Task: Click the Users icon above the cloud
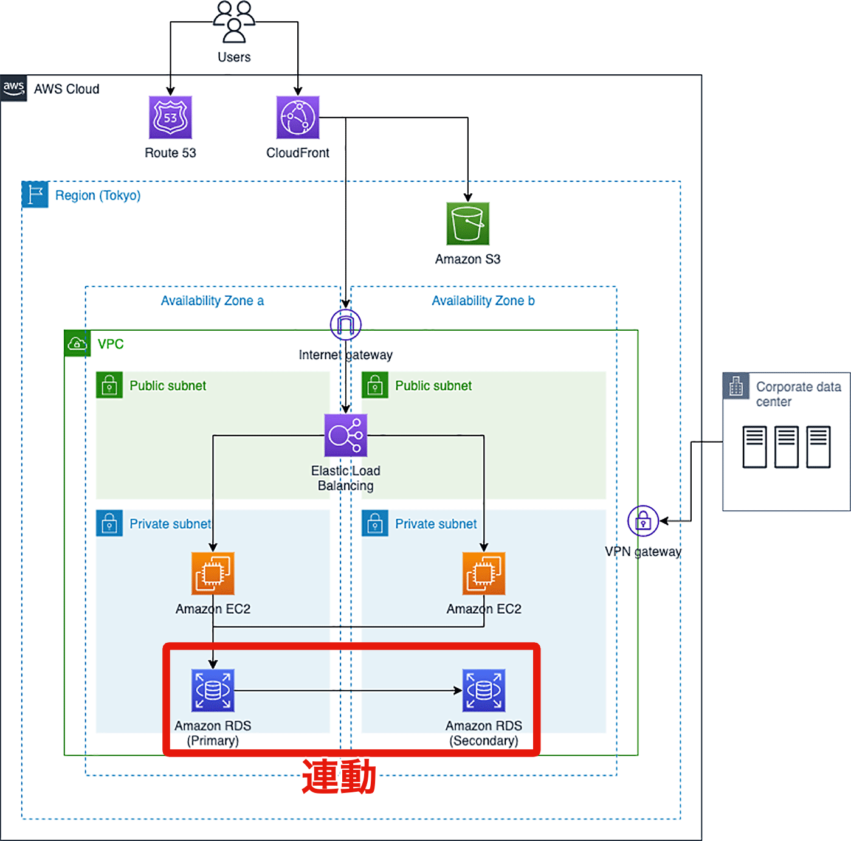click(234, 22)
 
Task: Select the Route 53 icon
click(171, 117)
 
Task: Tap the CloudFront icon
click(298, 117)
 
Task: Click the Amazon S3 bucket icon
click(468, 224)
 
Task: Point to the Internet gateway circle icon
click(346, 325)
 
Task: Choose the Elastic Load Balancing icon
click(346, 435)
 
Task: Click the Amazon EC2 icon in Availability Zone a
click(213, 573)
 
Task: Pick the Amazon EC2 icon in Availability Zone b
click(484, 573)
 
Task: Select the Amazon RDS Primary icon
click(213, 690)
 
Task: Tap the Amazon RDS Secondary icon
click(484, 690)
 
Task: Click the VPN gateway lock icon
click(643, 521)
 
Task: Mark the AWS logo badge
click(13, 88)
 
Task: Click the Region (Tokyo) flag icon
click(35, 195)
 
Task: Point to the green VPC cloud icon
click(77, 344)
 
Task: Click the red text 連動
click(339, 777)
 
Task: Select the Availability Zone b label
click(483, 301)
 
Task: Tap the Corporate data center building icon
click(736, 386)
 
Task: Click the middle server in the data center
click(787, 447)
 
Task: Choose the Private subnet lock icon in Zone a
click(109, 523)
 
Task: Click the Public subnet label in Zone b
click(433, 386)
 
